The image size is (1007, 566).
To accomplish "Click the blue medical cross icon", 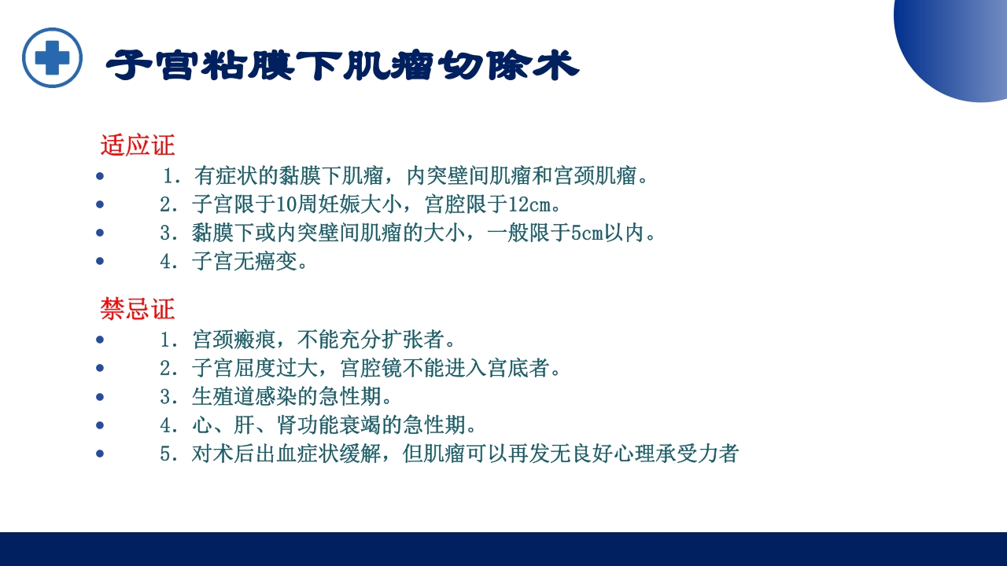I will [52, 57].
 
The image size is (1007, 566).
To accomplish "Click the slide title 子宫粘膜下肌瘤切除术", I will [342, 66].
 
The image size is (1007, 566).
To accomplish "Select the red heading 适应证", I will [138, 145].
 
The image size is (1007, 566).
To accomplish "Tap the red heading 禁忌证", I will [138, 309].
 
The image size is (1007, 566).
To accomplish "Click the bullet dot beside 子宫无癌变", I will [100, 262].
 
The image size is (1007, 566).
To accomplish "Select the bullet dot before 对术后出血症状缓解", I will [100, 454].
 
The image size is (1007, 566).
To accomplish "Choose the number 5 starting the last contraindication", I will [165, 454].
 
